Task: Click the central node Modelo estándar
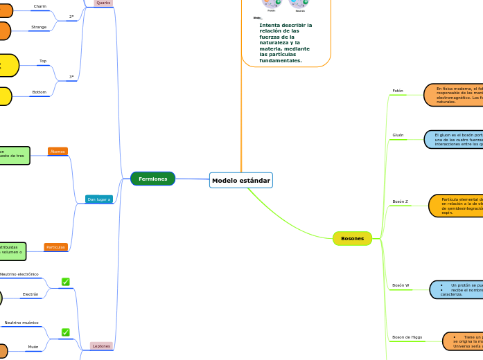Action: [240, 180]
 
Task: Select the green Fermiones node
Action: [152, 179]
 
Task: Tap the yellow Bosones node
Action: [352, 238]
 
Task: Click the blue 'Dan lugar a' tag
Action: [98, 199]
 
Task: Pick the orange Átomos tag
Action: [58, 151]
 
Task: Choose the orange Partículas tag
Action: [55, 247]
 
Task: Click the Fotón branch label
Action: [398, 91]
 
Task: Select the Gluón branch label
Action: [398, 135]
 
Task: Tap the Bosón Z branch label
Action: [400, 201]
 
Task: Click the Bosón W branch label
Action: [401, 285]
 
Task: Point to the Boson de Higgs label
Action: [407, 337]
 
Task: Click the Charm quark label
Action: [40, 6]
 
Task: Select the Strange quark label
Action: [39, 27]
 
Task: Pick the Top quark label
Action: [43, 61]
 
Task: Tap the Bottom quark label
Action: [39, 92]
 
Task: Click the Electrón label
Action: [30, 294]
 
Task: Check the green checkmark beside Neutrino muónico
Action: [66, 332]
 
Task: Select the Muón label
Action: [33, 347]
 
